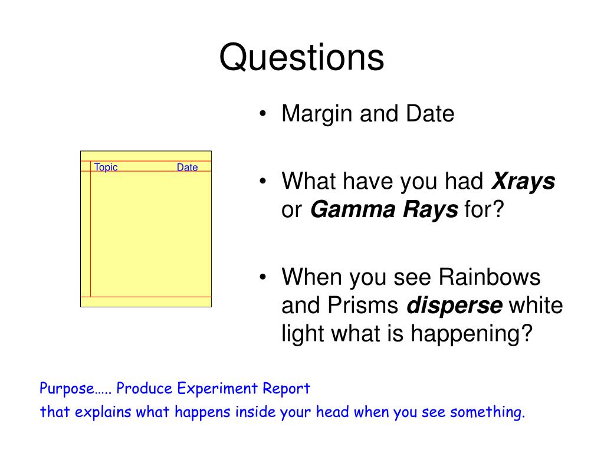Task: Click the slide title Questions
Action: point(301,58)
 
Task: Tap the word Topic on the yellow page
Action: point(106,167)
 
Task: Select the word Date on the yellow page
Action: point(187,167)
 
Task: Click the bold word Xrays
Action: point(524,180)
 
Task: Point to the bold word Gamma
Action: point(353,209)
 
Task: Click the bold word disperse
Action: point(455,305)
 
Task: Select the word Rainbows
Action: point(490,277)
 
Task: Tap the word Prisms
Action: point(363,305)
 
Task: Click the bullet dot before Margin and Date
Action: point(262,114)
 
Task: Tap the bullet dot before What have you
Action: point(262,181)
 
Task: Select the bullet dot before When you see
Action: point(262,277)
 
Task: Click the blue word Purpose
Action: point(67,388)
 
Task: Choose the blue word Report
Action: point(286,389)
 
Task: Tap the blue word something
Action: point(488,412)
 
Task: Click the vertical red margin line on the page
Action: point(90,229)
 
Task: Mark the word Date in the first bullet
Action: point(430,114)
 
